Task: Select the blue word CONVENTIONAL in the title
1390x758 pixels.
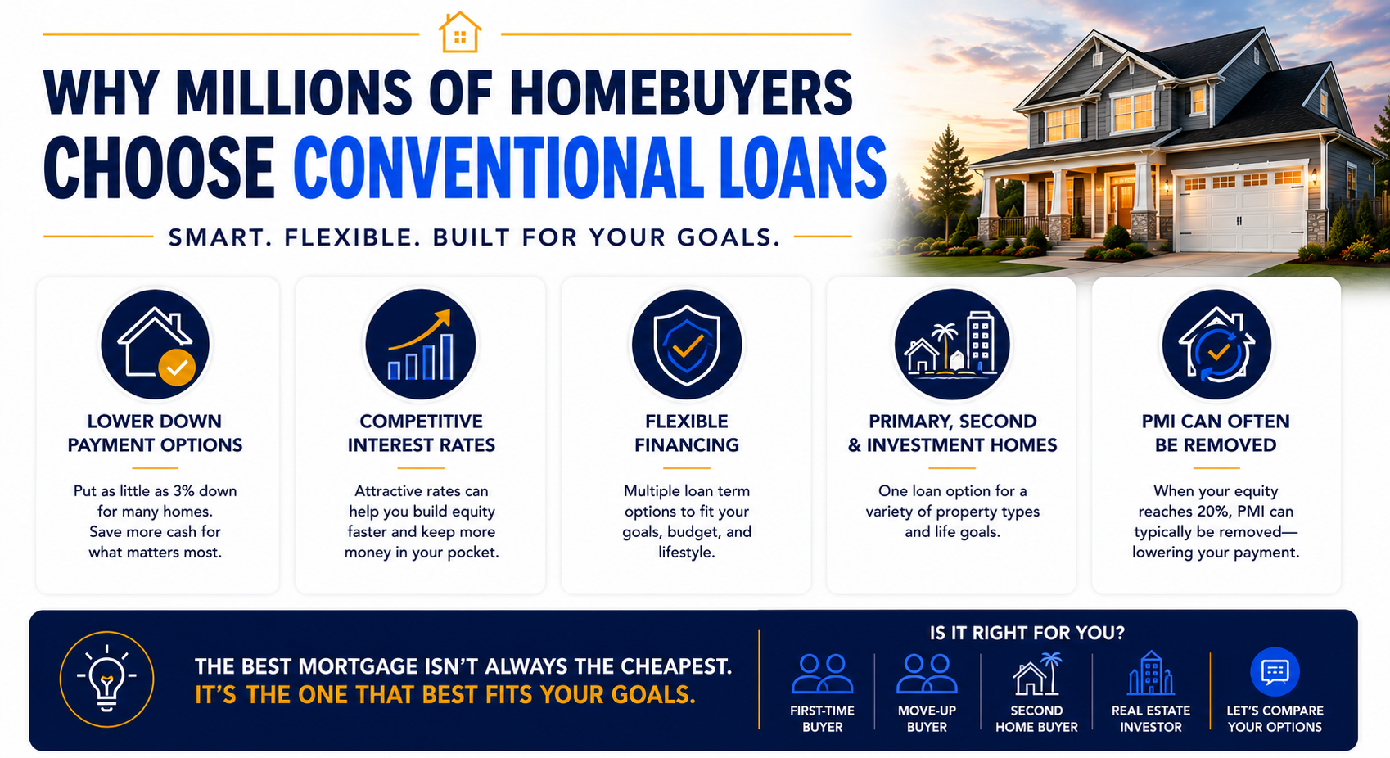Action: coord(494,168)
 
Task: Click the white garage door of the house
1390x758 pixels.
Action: coord(1240,211)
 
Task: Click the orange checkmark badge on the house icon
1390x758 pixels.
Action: coord(177,368)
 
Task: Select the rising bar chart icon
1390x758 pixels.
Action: coord(421,345)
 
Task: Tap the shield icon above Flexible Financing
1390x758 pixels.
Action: coord(686,345)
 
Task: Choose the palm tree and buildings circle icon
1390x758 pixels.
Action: coord(952,345)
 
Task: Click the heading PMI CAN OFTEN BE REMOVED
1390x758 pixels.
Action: coord(1216,433)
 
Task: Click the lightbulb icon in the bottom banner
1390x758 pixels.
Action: coord(106,679)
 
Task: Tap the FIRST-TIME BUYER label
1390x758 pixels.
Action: coord(822,719)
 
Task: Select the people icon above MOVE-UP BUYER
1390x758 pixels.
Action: coord(927,673)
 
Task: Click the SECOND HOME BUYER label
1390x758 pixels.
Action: coord(1036,719)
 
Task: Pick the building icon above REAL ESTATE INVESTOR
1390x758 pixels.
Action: coord(1150,672)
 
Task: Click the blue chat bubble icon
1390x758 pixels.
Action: coord(1275,672)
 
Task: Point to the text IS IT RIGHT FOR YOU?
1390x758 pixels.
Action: coord(1027,634)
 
